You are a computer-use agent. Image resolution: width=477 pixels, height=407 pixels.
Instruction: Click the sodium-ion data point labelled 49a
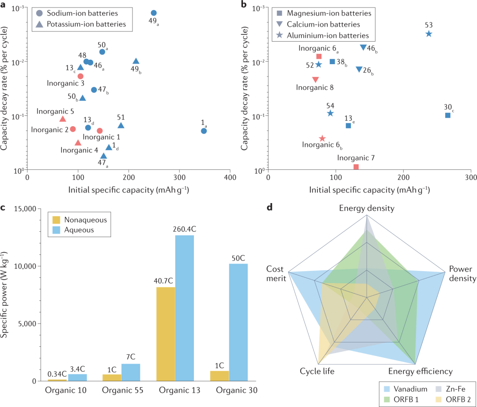tap(154, 13)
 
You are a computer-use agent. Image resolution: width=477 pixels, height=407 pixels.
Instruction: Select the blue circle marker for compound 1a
tap(204, 131)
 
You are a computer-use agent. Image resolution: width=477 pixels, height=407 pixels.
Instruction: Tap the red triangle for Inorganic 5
tap(63, 119)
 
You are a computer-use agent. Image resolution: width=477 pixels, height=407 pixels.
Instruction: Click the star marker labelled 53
tap(428, 34)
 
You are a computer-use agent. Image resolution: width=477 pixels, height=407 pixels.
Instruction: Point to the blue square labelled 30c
tap(447, 115)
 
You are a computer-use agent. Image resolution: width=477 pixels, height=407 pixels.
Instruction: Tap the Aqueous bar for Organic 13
tap(185, 308)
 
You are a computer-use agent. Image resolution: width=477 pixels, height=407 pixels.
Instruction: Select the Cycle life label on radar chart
tap(317, 371)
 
